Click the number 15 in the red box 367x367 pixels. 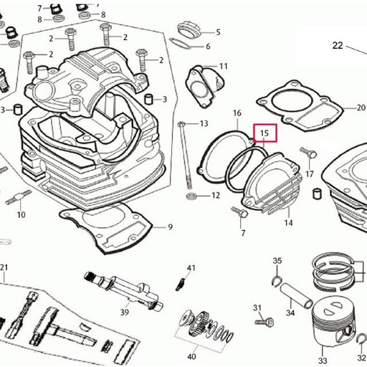click(x=264, y=133)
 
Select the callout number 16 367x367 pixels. click(x=237, y=114)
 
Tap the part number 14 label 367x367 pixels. click(x=288, y=223)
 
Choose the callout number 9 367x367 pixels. click(x=171, y=227)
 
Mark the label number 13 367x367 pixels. click(x=204, y=124)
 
